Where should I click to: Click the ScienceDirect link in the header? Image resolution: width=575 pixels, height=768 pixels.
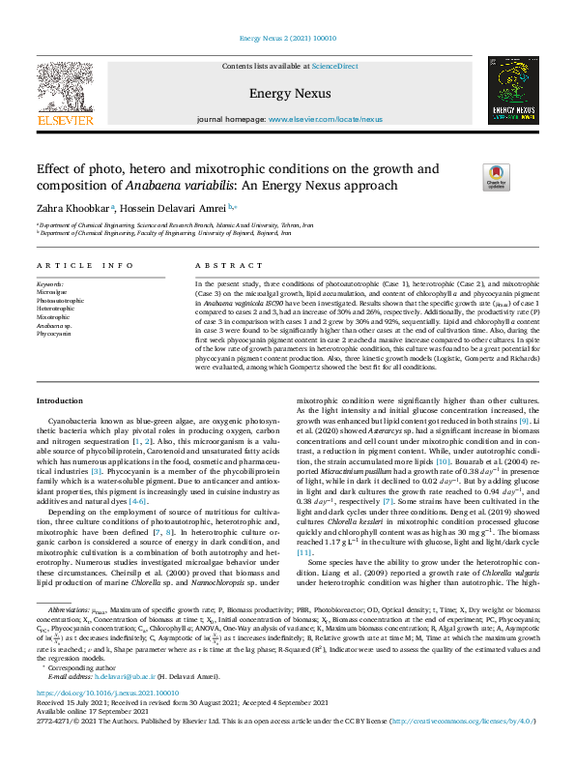tap(336, 66)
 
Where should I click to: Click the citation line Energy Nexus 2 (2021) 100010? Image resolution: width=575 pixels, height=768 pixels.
tap(286, 40)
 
